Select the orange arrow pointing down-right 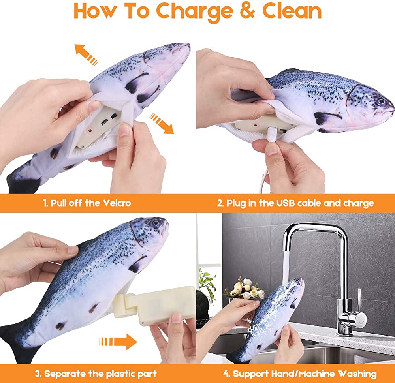point(162,123)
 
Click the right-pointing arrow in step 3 point(118,340)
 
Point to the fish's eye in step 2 point(381,101)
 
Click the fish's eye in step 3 point(156,223)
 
